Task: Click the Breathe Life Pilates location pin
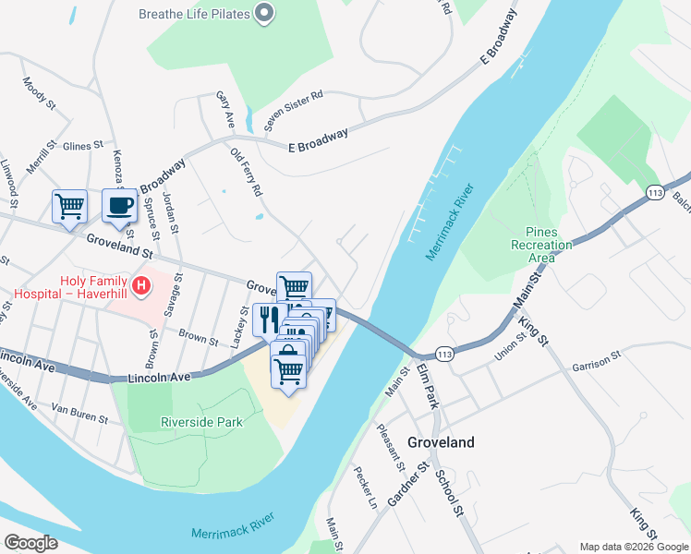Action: pyautogui.click(x=264, y=13)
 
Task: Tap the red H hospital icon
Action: pyautogui.click(x=140, y=286)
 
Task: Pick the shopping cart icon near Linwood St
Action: pyautogui.click(x=69, y=207)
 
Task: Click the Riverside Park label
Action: pyautogui.click(x=201, y=422)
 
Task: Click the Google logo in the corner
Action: pyautogui.click(x=30, y=543)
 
